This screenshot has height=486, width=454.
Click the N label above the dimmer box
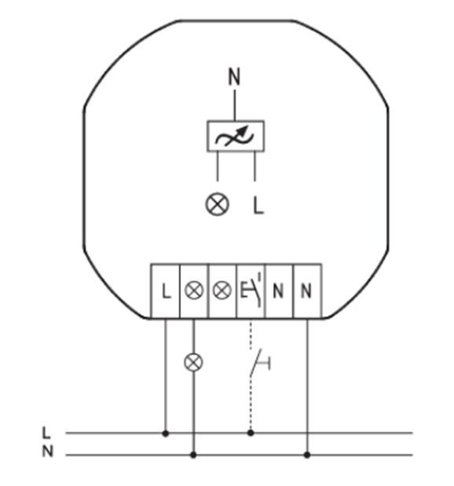(x=234, y=77)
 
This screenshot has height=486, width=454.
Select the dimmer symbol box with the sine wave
(x=236, y=136)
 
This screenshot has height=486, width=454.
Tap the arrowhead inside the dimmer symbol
(x=244, y=130)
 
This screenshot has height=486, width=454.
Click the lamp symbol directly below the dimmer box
(x=218, y=204)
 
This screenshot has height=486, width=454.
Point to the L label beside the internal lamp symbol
(x=258, y=206)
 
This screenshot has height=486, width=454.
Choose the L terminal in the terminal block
(x=165, y=291)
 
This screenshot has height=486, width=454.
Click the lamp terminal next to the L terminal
(x=194, y=291)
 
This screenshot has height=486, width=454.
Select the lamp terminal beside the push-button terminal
(x=222, y=291)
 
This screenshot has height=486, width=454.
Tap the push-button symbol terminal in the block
(x=251, y=291)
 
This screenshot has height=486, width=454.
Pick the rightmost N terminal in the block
(x=307, y=291)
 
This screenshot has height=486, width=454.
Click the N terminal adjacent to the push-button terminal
(x=279, y=291)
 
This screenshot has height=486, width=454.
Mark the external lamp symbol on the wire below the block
(x=193, y=363)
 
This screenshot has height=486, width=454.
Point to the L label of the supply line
(x=46, y=433)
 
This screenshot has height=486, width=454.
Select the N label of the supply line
(x=47, y=451)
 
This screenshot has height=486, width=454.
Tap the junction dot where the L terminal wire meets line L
(x=165, y=433)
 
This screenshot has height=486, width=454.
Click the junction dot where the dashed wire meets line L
(x=251, y=433)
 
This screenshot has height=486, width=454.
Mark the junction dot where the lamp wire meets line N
(x=193, y=455)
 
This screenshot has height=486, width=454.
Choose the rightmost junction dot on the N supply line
(x=307, y=455)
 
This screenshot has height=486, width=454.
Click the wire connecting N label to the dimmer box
(x=235, y=105)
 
